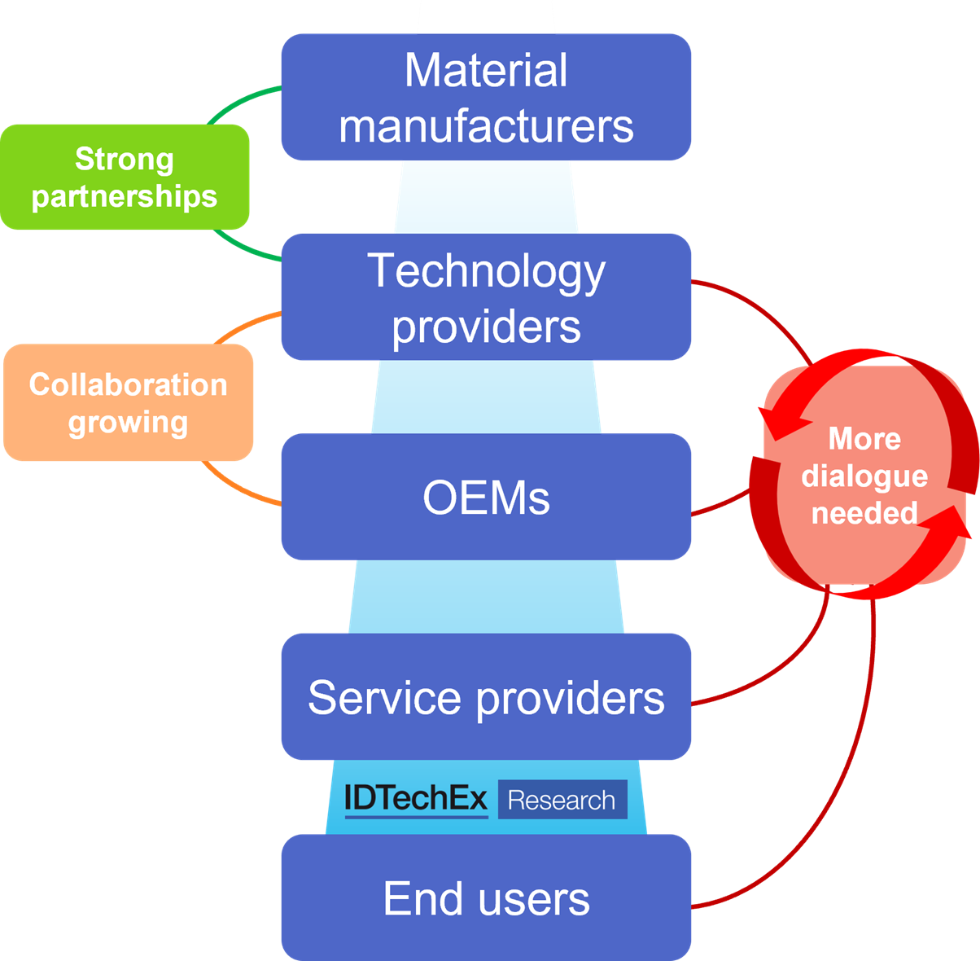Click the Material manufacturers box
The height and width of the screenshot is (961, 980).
pyautogui.click(x=486, y=97)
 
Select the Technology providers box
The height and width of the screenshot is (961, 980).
pyautogui.click(x=486, y=296)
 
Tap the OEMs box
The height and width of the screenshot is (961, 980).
pyautogui.click(x=486, y=497)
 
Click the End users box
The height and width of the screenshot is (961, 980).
pyautogui.click(x=486, y=897)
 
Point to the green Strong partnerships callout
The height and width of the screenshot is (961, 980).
pyautogui.click(x=125, y=177)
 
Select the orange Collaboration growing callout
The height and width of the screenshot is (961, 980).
pyautogui.click(x=129, y=402)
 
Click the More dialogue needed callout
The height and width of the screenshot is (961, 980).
pyautogui.click(x=864, y=476)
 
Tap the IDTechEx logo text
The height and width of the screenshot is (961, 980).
pyautogui.click(x=415, y=799)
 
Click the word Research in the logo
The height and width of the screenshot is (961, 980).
pyautogui.click(x=562, y=801)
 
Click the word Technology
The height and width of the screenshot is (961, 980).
pyautogui.click(x=486, y=270)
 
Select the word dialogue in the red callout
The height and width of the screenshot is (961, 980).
pyautogui.click(x=864, y=476)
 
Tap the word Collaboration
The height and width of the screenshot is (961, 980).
pyautogui.click(x=129, y=384)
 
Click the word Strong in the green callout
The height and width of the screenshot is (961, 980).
pyautogui.click(x=125, y=159)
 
